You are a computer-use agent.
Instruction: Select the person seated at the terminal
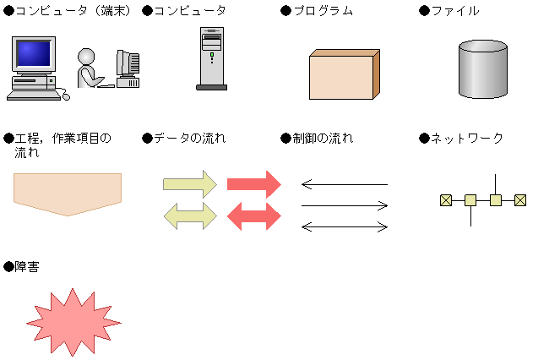(x=88, y=68)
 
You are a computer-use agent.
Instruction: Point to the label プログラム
(x=322, y=11)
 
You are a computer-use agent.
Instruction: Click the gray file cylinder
(x=482, y=68)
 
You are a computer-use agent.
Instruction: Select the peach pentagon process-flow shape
(x=68, y=193)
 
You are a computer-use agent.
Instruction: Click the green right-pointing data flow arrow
(x=191, y=183)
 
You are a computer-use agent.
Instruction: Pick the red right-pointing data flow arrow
(x=254, y=183)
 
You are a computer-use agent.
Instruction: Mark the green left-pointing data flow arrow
(x=190, y=215)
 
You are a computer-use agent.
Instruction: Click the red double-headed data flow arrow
(x=254, y=215)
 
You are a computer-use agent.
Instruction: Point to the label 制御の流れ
(x=322, y=138)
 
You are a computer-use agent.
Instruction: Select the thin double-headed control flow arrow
(x=345, y=226)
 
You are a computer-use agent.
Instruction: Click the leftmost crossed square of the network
(x=445, y=200)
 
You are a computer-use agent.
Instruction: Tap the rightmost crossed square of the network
(x=520, y=200)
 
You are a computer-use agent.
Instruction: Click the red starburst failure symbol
(x=74, y=322)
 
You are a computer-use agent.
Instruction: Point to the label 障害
(x=26, y=266)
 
